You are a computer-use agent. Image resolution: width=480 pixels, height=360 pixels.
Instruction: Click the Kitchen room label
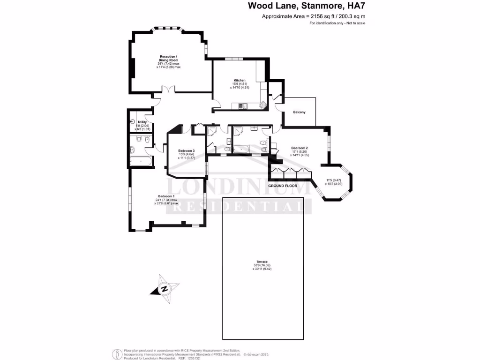(x=240, y=80)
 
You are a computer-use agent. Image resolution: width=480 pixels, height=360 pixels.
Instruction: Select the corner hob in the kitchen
(x=263, y=105)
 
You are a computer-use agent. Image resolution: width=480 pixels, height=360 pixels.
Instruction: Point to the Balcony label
(x=299, y=112)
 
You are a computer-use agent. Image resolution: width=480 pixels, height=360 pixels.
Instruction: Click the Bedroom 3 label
(x=187, y=150)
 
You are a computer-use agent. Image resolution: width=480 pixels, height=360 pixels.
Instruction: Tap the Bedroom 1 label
(x=166, y=196)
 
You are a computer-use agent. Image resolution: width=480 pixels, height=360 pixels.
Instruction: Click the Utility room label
(x=142, y=122)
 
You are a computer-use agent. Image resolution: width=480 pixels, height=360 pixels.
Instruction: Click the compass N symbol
(x=165, y=289)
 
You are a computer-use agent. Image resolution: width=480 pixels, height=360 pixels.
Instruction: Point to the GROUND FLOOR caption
(x=283, y=186)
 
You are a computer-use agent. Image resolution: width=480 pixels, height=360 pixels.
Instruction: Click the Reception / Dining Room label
(x=168, y=58)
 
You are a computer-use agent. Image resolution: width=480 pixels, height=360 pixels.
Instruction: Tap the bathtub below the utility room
(x=141, y=161)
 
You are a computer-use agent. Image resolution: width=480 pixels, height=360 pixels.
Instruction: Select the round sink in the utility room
(x=132, y=122)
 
